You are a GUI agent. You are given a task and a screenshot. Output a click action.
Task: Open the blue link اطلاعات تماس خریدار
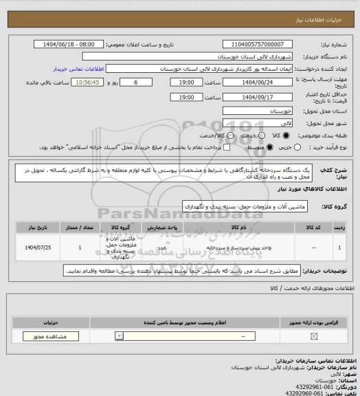(x=78, y=69)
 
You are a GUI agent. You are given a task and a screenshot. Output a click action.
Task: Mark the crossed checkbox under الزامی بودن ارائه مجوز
(x=314, y=336)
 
